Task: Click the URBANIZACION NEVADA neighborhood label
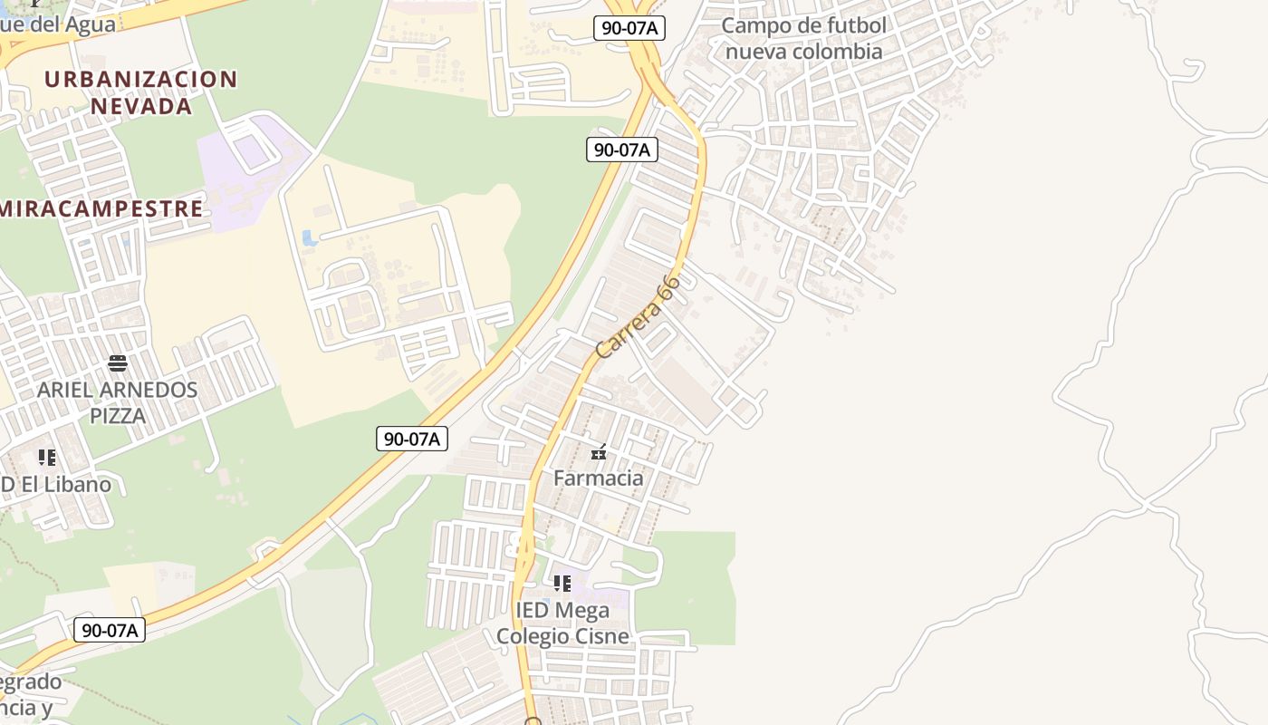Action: (x=140, y=92)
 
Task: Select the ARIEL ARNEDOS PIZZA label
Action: (x=117, y=402)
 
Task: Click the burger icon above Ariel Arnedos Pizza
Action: (x=118, y=363)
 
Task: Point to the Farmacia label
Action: (x=599, y=478)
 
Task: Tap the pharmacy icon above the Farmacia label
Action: (x=599, y=452)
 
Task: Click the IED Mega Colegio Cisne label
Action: (x=562, y=623)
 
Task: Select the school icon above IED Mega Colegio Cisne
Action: (x=562, y=583)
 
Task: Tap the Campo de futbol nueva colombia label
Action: (x=804, y=38)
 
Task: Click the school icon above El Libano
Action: (x=46, y=458)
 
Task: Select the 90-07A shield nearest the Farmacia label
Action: (x=412, y=439)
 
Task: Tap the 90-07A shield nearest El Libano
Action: (x=110, y=630)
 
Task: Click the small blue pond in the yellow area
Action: (x=310, y=238)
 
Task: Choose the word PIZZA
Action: (x=118, y=416)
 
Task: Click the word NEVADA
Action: (x=141, y=105)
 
